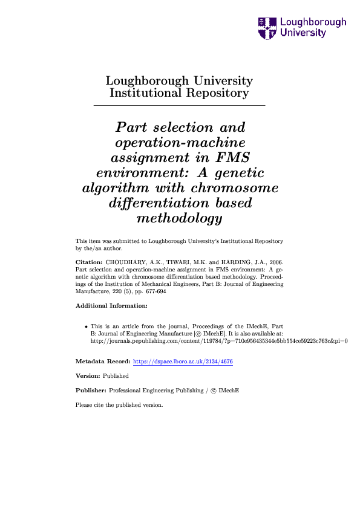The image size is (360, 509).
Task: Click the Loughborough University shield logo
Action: tap(267, 28)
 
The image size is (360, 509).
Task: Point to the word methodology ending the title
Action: tap(179, 218)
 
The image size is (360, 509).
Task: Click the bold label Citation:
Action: tap(89, 262)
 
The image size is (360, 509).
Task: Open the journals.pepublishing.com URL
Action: tap(218, 341)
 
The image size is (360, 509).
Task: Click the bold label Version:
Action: tap(88, 376)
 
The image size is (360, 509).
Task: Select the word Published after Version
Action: tap(116, 376)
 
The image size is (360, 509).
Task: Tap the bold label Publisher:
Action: tap(91, 391)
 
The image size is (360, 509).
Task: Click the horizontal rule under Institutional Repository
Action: tap(180, 106)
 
